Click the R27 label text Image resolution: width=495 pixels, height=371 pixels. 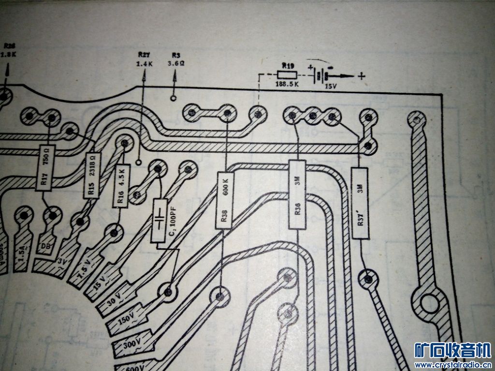tap(144, 56)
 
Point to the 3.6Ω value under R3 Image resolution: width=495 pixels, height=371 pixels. tap(175, 63)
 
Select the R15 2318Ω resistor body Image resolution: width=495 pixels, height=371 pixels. tap(92, 175)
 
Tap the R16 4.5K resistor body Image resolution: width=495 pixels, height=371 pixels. tap(121, 185)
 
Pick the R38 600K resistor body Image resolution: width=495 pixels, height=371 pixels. tap(224, 200)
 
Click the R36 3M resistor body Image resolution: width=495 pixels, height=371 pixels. tap(297, 194)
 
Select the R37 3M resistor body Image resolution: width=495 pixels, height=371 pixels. tap(359, 203)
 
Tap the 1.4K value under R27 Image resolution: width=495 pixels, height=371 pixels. tap(144, 64)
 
